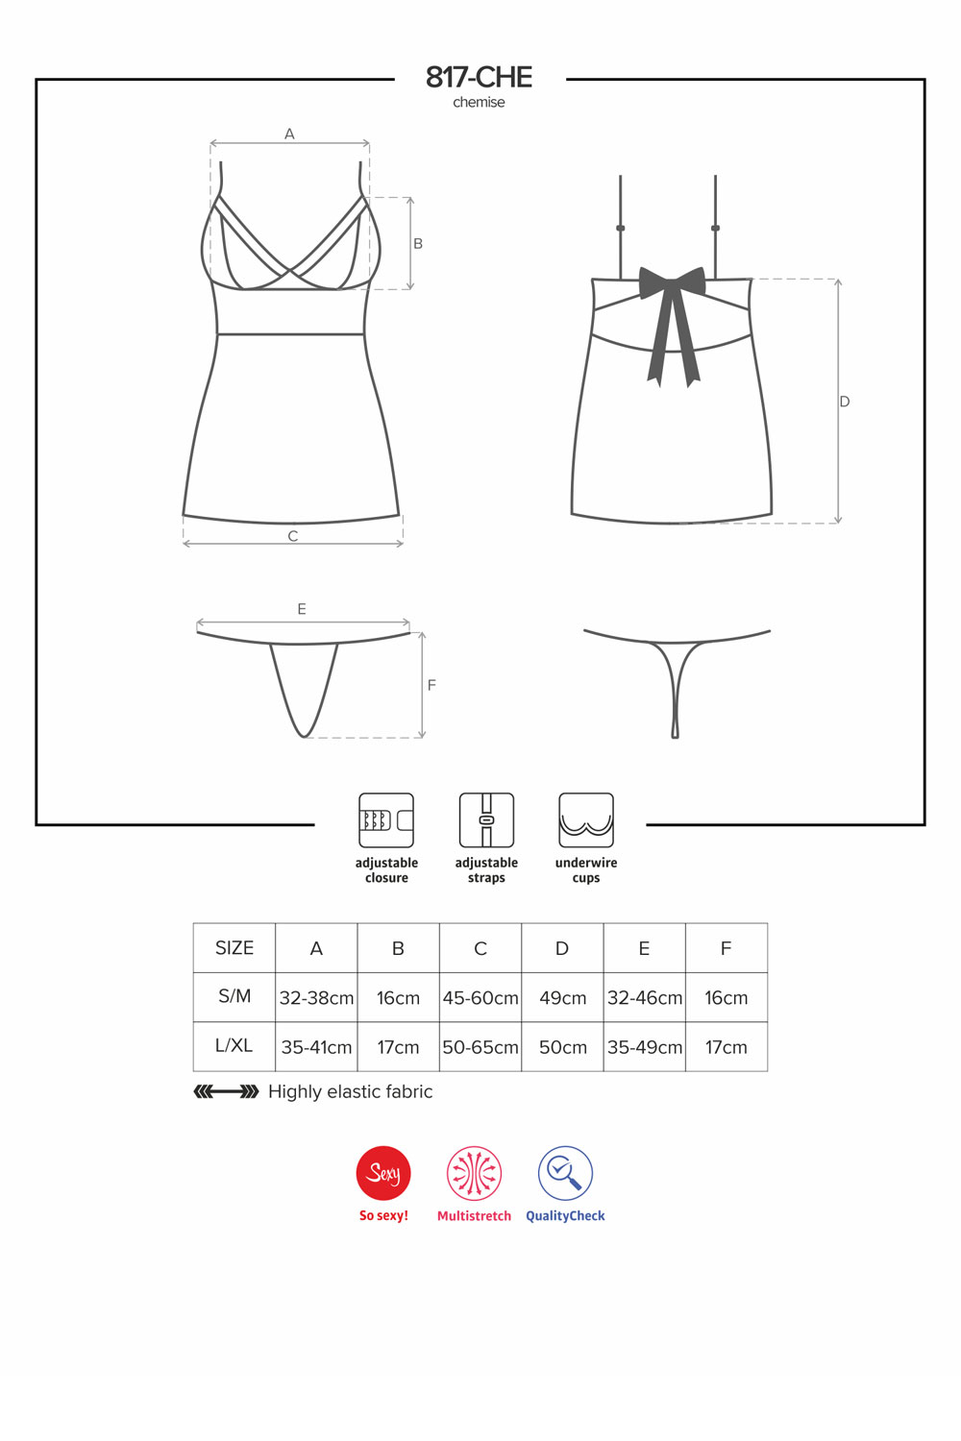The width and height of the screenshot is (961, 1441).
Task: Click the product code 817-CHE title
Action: [x=479, y=78]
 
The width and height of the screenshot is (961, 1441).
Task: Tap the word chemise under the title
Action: [x=479, y=102]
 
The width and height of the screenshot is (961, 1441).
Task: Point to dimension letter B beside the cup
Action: [x=418, y=244]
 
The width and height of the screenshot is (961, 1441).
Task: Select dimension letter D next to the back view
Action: [x=845, y=402]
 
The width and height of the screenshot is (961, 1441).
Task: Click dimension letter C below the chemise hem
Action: [x=293, y=536]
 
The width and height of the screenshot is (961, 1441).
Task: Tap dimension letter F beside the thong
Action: [x=431, y=685]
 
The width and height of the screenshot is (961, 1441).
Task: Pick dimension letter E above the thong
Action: [x=302, y=608]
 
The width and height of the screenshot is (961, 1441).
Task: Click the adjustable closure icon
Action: [x=386, y=820]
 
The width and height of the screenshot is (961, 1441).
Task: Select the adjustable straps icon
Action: [x=486, y=820]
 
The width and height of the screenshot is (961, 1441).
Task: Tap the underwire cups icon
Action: [x=586, y=820]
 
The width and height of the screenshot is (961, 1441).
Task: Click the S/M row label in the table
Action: [x=234, y=996]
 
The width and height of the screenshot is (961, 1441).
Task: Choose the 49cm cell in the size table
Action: [x=562, y=998]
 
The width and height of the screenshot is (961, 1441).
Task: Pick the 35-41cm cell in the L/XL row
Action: [x=316, y=1047]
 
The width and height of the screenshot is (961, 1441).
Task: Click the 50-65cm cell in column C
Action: [x=480, y=1047]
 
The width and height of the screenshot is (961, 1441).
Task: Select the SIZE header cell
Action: [x=234, y=947]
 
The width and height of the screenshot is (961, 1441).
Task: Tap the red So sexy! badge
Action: [x=383, y=1173]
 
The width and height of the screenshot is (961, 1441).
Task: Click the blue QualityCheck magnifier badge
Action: [x=565, y=1173]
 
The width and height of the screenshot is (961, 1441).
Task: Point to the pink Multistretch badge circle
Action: [x=475, y=1173]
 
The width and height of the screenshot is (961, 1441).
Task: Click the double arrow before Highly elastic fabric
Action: [x=226, y=1091]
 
